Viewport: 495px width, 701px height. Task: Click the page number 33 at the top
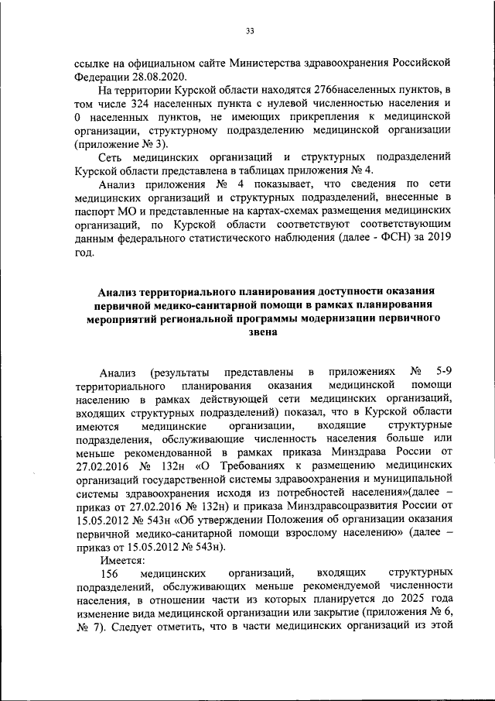pyautogui.click(x=250, y=32)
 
